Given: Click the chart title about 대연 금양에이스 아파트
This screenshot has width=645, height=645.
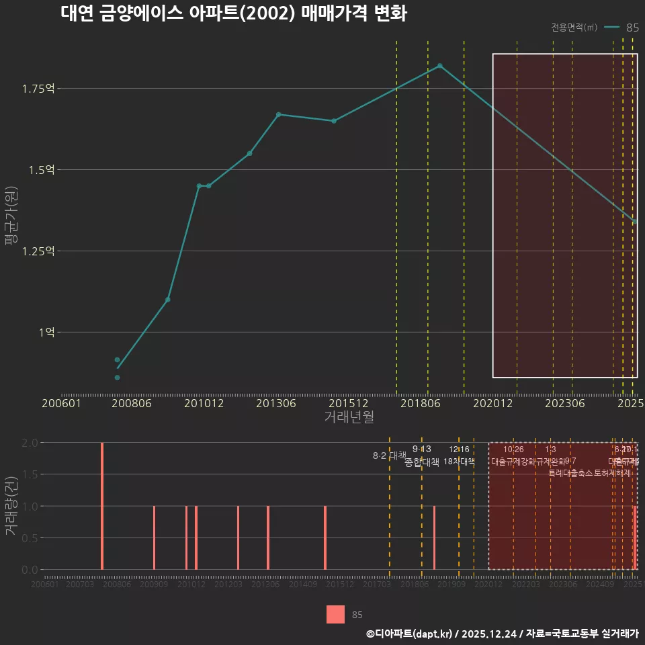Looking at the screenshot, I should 233,14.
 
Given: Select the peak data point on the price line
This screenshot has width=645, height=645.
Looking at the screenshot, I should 440,66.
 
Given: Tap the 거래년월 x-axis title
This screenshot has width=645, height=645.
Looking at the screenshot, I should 349,417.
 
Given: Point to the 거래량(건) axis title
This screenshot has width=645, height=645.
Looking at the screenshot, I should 11,505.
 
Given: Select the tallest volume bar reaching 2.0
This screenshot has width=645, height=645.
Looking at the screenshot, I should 102,505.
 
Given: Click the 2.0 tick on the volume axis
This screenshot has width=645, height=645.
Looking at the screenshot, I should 30,443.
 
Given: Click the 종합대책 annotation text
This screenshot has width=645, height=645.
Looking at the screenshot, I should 422,462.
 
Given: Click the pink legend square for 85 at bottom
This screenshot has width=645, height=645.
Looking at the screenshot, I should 335,614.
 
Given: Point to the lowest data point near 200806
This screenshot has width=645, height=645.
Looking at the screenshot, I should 117,378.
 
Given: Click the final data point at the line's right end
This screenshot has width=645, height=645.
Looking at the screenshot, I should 636,222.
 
